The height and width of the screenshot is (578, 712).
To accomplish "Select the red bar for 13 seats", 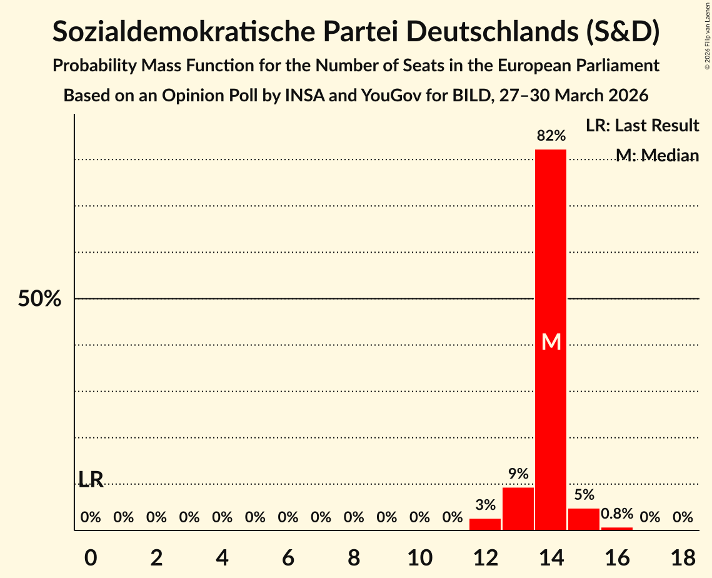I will pos(518,509).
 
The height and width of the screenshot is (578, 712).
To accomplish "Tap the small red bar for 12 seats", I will pos(485,524).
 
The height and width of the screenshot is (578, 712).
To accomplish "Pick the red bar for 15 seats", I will pos(584,519).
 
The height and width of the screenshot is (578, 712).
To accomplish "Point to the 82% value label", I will pos(551,136).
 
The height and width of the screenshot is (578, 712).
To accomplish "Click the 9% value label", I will pos(518,474).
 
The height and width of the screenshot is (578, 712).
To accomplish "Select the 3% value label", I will pos(485,505).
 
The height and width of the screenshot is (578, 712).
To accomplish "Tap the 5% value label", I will pos(584,495).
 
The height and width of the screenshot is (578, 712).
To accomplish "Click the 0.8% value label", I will pos(617,514).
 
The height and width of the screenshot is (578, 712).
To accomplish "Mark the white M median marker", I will pos(551,342).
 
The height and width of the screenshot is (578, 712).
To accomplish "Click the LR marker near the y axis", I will pos(91,479).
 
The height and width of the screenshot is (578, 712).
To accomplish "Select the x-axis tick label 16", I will pos(617,557).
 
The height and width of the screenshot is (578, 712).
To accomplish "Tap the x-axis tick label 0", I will pos(91,557).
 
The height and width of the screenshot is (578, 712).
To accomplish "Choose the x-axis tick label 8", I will pos(354,557).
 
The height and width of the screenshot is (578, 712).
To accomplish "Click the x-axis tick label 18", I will pos(683,557).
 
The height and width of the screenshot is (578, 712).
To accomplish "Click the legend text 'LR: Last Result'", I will pos(642,126).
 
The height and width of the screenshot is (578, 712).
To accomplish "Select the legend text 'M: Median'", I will pos(656,155).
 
